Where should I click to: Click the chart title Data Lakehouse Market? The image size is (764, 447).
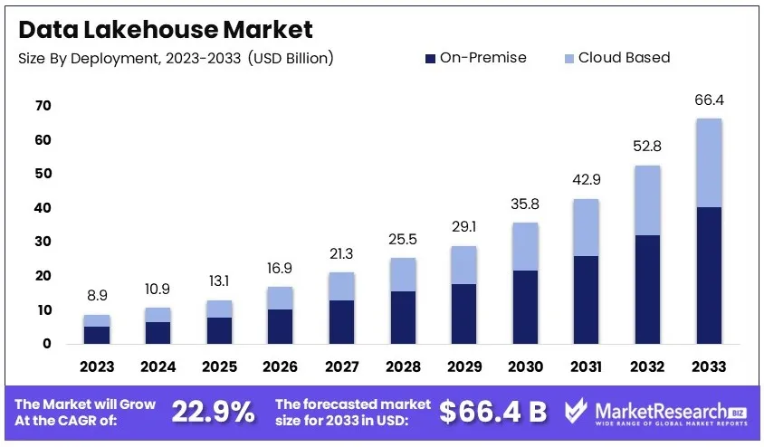166,29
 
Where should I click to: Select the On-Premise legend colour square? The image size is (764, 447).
429,59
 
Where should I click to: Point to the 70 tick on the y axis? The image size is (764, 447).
43,106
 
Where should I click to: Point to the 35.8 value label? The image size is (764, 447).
524,204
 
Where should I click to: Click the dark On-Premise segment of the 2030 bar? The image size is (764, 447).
524,307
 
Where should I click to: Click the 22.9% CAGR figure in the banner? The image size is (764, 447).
214,413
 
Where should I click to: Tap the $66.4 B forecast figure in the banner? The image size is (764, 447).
492,413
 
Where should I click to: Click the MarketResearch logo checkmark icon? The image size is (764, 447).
577,412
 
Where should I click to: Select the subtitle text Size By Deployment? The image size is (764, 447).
91,59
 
